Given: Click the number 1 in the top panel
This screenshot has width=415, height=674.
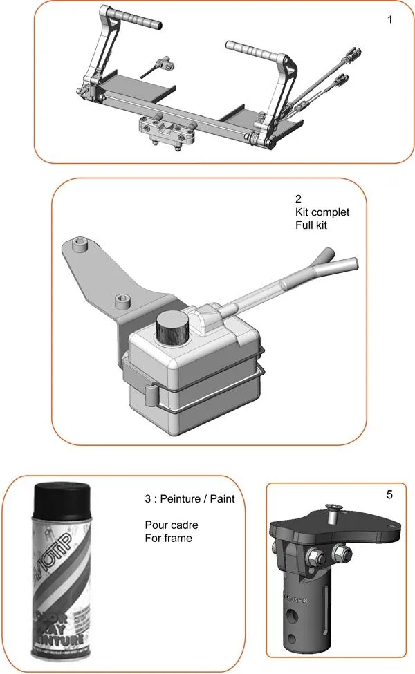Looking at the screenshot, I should (389, 19).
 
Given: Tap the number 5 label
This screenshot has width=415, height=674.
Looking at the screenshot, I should (389, 495).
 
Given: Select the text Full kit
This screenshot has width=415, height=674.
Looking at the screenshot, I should (311, 225).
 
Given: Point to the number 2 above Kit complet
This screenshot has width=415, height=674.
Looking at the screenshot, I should (297, 199).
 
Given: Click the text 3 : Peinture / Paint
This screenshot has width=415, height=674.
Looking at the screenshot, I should (190, 498).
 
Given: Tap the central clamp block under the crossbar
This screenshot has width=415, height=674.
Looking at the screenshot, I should (165, 130).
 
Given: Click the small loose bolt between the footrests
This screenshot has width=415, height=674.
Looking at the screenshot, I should (160, 66).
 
